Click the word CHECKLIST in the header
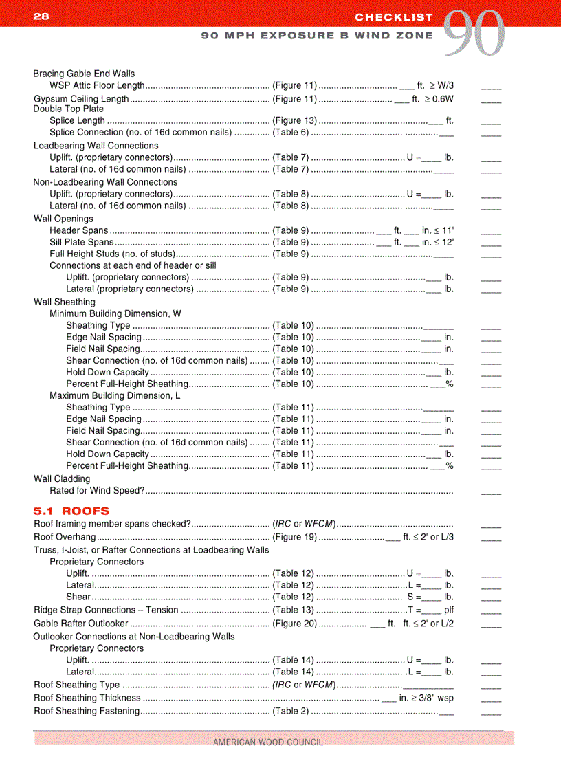[x=394, y=16]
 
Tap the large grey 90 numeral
[x=474, y=34]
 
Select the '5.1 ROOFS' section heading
[x=71, y=511]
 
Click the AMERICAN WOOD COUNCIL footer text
[x=267, y=742]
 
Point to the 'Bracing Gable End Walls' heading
[x=84, y=74]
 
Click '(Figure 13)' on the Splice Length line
[x=294, y=120]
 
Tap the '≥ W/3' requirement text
[x=442, y=85]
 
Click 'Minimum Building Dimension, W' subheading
[x=115, y=313]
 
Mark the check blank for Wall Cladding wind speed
[x=491, y=492]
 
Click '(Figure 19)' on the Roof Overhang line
[x=294, y=536]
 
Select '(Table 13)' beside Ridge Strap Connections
[x=293, y=610]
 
